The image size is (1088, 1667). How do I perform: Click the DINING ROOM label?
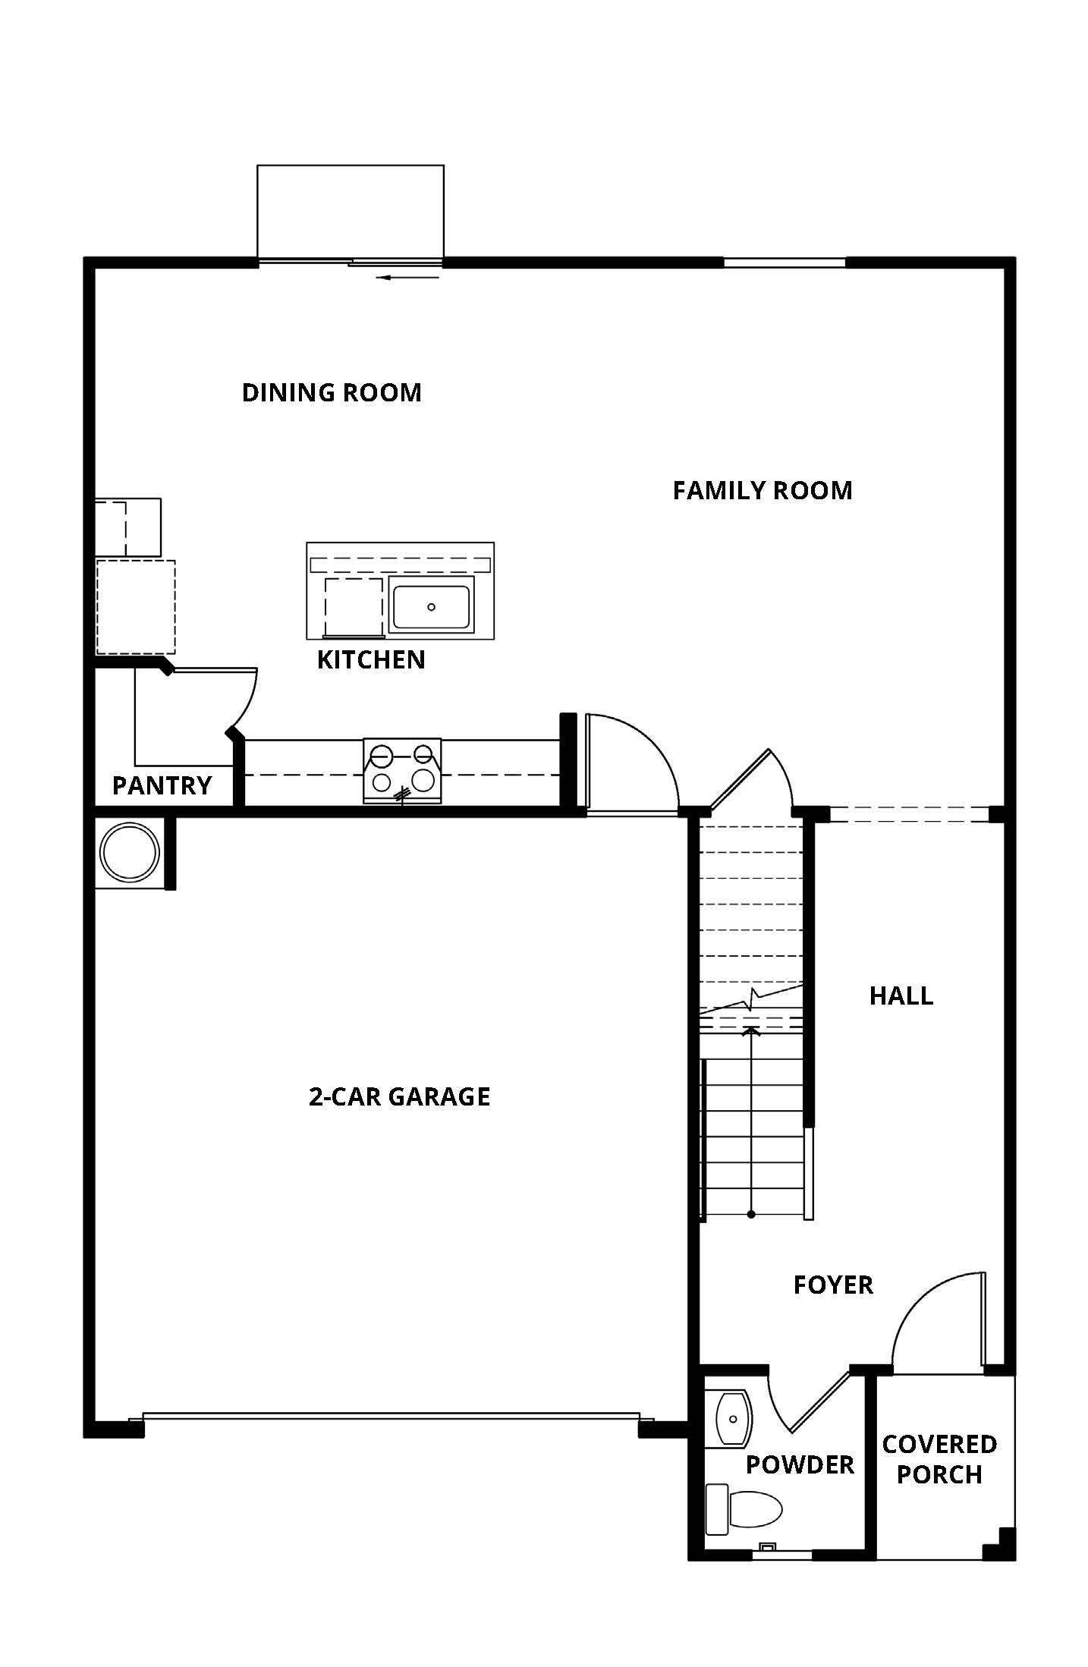pyautogui.click(x=332, y=392)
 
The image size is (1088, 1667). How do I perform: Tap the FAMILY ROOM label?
pyautogui.click(x=763, y=490)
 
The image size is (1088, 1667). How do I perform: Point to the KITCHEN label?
pyautogui.click(x=371, y=659)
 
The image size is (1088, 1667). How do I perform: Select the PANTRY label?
pyautogui.click(x=162, y=785)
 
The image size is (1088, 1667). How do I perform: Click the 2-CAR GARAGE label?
pyautogui.click(x=399, y=1096)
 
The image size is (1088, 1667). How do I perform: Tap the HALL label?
pyautogui.click(x=901, y=995)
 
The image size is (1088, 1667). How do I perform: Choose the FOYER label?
pyautogui.click(x=833, y=1285)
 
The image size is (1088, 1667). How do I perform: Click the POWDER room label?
pyautogui.click(x=800, y=1464)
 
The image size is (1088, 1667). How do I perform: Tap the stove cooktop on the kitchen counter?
pyautogui.click(x=402, y=770)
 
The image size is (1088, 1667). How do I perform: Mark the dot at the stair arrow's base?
pyautogui.click(x=751, y=1215)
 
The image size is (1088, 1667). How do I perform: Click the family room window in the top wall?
pyautogui.click(x=785, y=263)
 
